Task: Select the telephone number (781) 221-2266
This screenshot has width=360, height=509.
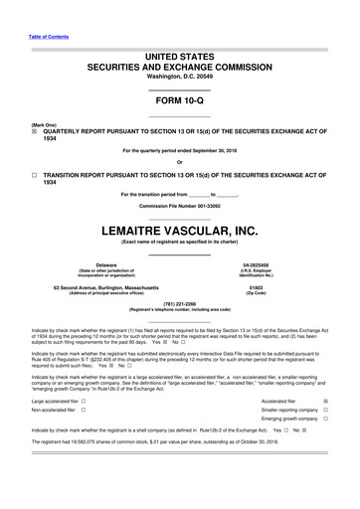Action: click(x=179, y=303)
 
